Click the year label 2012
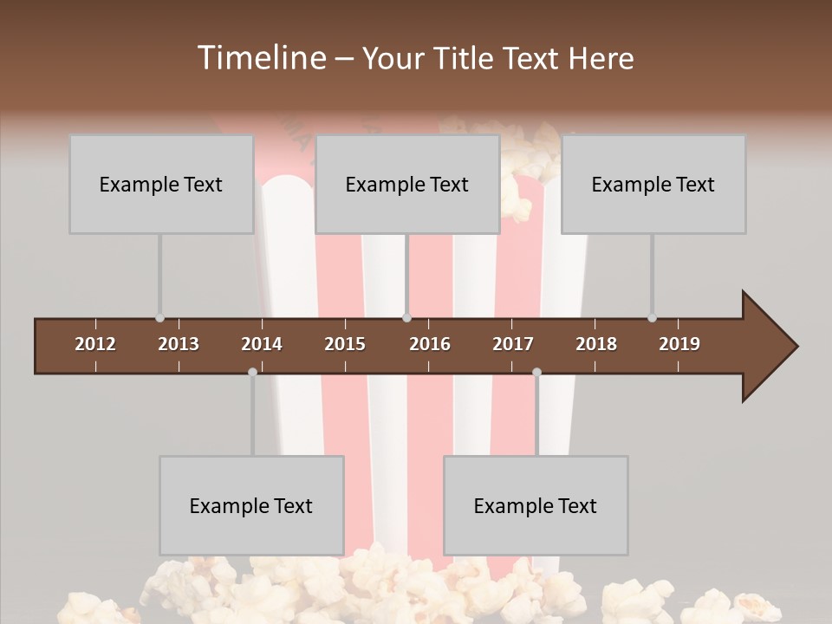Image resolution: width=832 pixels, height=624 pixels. pyautogui.click(x=95, y=344)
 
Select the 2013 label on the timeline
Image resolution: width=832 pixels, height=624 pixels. pyautogui.click(x=179, y=344)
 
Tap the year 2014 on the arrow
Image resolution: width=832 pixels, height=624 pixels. pyautogui.click(x=262, y=344)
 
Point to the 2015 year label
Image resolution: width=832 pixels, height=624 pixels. pyautogui.click(x=345, y=344)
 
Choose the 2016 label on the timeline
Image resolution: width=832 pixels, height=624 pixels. pyautogui.click(x=430, y=344)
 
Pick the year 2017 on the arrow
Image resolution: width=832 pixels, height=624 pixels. pyautogui.click(x=513, y=344)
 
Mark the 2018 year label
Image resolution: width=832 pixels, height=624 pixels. pyautogui.click(x=596, y=344)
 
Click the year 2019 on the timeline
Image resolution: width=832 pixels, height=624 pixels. pyautogui.click(x=679, y=344)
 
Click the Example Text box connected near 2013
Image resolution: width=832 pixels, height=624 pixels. pyautogui.click(x=161, y=184)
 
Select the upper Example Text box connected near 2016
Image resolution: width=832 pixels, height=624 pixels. pyautogui.click(x=407, y=184)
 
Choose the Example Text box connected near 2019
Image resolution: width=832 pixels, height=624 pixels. pyautogui.click(x=653, y=184)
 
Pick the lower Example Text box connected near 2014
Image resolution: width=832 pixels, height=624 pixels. pyautogui.click(x=251, y=505)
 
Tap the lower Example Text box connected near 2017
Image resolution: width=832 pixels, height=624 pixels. pyautogui.click(x=536, y=505)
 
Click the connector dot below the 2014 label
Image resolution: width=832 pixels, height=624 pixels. pyautogui.click(x=252, y=372)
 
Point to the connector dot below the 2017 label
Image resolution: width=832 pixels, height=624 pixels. pyautogui.click(x=536, y=372)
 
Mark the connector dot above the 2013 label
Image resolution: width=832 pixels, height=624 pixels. pyautogui.click(x=159, y=318)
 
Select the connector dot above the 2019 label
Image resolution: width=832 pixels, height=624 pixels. pyautogui.click(x=652, y=318)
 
